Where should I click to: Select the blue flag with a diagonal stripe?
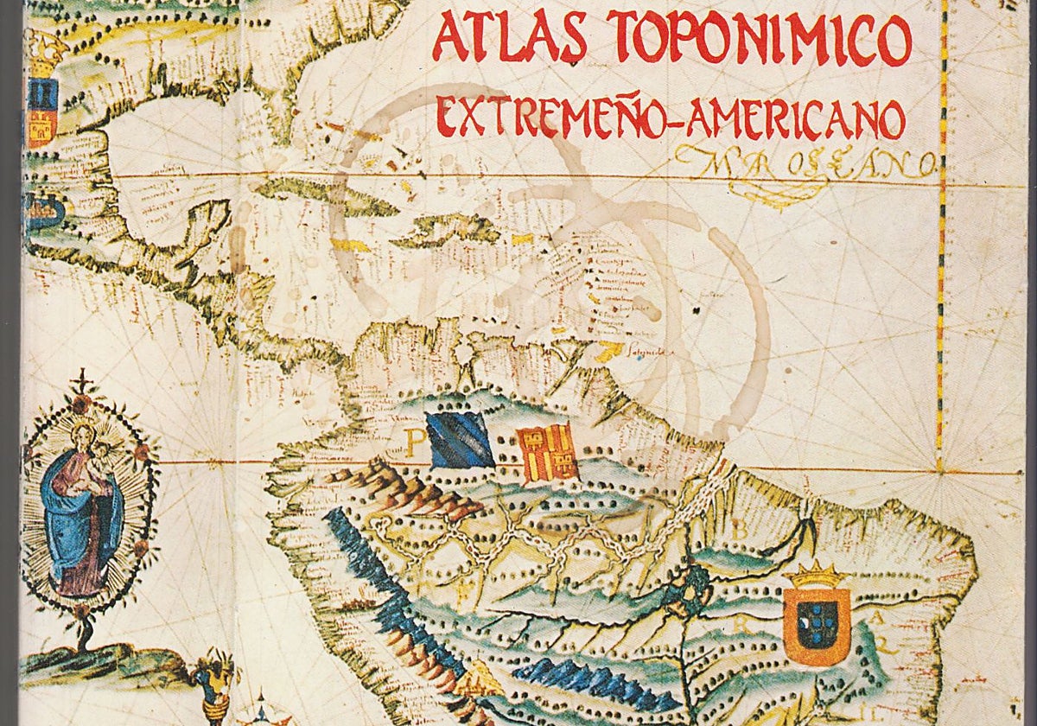[x=460, y=440]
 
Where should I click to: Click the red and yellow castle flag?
[x=547, y=453]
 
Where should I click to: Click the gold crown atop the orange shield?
[x=817, y=574]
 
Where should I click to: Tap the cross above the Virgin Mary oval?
[x=83, y=381]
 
